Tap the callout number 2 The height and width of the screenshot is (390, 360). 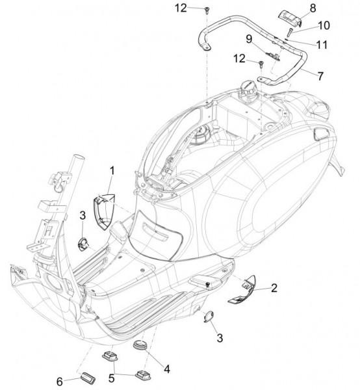(x=274, y=287)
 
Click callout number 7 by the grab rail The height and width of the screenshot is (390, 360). (x=320, y=75)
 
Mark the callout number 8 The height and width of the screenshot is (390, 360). (x=313, y=8)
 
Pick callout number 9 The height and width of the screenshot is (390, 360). (x=248, y=39)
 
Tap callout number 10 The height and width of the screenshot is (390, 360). (x=324, y=25)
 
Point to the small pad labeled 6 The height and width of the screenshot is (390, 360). (x=88, y=377)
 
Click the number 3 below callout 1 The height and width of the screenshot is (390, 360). (x=83, y=214)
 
